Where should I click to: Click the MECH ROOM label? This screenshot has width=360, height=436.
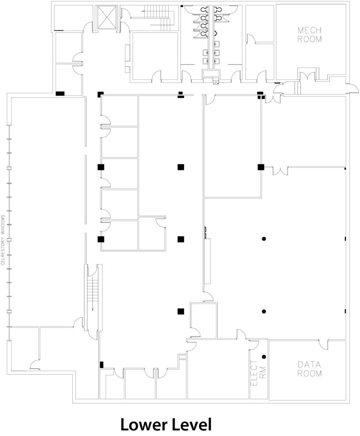pyautogui.click(x=309, y=34)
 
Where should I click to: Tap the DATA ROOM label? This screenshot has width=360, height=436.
pyautogui.click(x=309, y=369)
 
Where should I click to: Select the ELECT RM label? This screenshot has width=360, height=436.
pyautogui.click(x=259, y=373)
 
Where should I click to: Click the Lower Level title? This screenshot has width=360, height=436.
pyautogui.click(x=166, y=425)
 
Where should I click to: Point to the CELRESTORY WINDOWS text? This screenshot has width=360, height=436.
pyautogui.click(x=3, y=240)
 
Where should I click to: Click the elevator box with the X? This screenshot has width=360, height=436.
pyautogui.click(x=106, y=17)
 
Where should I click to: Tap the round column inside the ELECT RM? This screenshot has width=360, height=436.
pyautogui.click(x=264, y=357)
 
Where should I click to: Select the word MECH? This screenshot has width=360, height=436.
pyautogui.click(x=309, y=30)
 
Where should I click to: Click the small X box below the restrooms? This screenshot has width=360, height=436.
pyautogui.click(x=215, y=82)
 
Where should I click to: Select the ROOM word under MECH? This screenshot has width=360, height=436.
pyautogui.click(x=309, y=39)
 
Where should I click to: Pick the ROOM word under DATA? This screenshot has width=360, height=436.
pyautogui.click(x=309, y=373)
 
